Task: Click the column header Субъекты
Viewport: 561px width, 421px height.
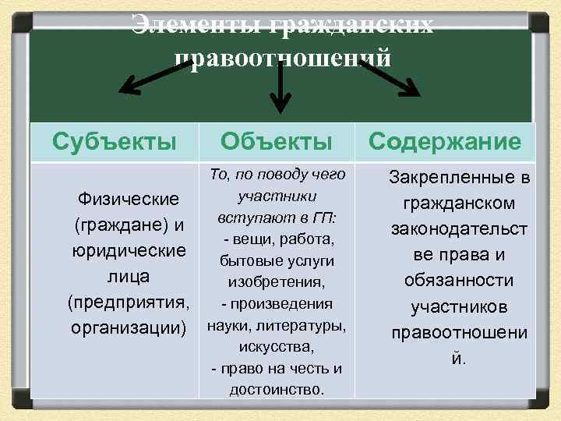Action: pyautogui.click(x=114, y=142)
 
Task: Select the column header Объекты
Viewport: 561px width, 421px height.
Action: pyautogui.click(x=277, y=142)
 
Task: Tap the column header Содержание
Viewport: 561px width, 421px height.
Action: pyautogui.click(x=445, y=142)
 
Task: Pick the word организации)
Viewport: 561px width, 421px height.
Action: pyautogui.click(x=129, y=327)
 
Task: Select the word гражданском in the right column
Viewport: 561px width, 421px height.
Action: pyautogui.click(x=459, y=204)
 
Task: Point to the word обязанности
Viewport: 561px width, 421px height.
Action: pyautogui.click(x=459, y=281)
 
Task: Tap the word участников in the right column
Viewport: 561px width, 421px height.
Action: pyautogui.click(x=459, y=306)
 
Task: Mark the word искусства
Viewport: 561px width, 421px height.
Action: pyautogui.click(x=277, y=346)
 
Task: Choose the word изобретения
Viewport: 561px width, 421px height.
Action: pyautogui.click(x=277, y=281)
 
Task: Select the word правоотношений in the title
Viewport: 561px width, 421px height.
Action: pyautogui.click(x=282, y=57)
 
